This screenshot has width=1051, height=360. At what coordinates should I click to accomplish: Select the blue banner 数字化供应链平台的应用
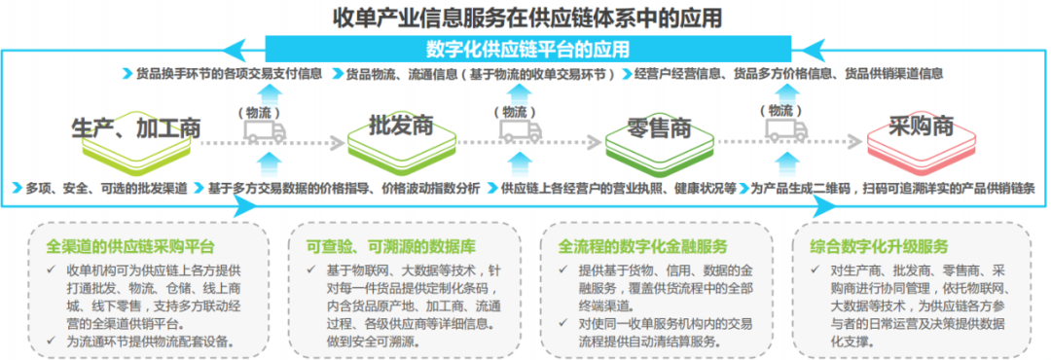click(x=526, y=49)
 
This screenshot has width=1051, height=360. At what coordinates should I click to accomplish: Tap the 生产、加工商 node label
click(x=135, y=126)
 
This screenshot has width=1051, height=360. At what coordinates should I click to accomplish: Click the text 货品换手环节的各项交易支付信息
click(x=230, y=73)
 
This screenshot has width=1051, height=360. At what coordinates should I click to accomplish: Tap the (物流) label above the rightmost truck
click(x=784, y=110)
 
